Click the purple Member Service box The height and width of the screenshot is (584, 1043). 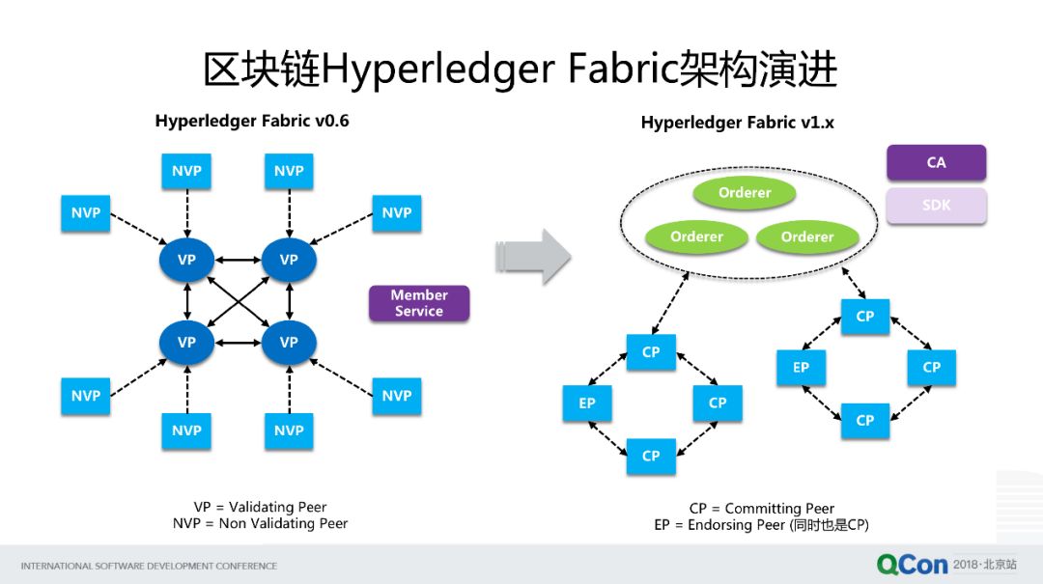pyautogui.click(x=418, y=303)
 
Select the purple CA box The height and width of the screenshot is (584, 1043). pyautogui.click(x=936, y=162)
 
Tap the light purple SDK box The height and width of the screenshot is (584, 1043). pyautogui.click(x=936, y=205)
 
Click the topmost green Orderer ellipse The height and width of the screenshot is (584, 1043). pyautogui.click(x=744, y=193)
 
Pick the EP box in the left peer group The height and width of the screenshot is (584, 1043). pyautogui.click(x=587, y=403)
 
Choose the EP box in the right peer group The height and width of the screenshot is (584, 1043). pyautogui.click(x=801, y=367)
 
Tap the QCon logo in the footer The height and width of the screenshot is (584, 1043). pyautogui.click(x=912, y=564)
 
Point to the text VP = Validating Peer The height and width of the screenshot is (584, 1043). pyautogui.click(x=260, y=507)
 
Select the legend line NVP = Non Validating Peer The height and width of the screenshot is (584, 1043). pyautogui.click(x=260, y=523)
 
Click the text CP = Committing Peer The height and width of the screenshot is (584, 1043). pyautogui.click(x=761, y=508)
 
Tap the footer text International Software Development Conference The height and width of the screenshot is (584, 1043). pyautogui.click(x=149, y=566)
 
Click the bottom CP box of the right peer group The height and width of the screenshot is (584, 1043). pyautogui.click(x=864, y=420)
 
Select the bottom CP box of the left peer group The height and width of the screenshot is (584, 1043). pyautogui.click(x=651, y=456)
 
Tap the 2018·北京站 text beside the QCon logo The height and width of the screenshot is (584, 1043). pyautogui.click(x=984, y=564)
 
